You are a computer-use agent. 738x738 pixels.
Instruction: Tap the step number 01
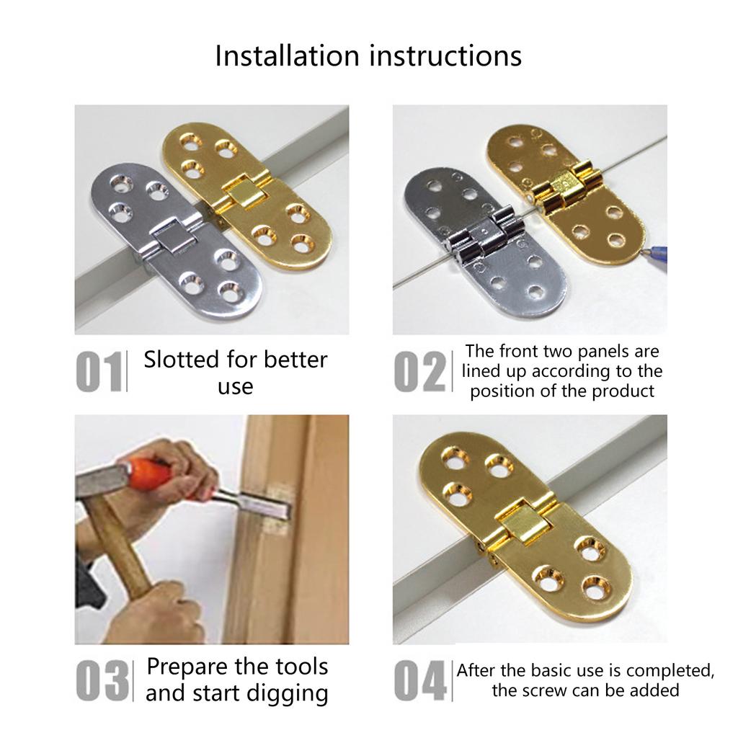99,372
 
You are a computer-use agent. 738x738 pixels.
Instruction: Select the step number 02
419,372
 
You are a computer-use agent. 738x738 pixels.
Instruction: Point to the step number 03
102,681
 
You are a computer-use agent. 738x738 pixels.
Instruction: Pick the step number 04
421,681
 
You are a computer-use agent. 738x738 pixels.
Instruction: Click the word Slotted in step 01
180,360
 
